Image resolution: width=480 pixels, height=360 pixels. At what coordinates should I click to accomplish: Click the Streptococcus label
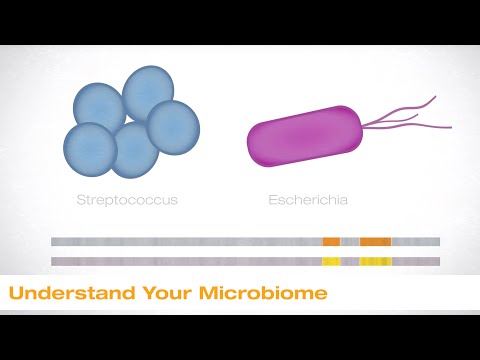coord(127,199)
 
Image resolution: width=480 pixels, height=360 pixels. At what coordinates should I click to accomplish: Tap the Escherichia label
coord(308,199)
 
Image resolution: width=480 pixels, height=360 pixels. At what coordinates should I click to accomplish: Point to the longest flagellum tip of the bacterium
coord(451,128)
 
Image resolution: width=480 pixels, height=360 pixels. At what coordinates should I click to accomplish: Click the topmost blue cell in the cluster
coord(148,92)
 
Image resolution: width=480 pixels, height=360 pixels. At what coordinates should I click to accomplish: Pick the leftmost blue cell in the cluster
coord(90,148)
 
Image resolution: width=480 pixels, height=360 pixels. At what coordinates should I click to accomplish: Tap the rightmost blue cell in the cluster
coord(173,127)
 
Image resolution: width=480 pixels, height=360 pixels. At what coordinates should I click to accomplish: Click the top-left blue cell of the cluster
coord(100,108)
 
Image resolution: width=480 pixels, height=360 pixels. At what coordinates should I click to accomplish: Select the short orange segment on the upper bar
coord(331,241)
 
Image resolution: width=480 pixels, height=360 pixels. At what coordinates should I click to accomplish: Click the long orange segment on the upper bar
coord(375,241)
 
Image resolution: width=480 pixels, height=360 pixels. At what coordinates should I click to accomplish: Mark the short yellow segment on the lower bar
coord(330,261)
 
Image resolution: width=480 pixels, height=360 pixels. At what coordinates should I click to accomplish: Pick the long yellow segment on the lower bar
coord(375,261)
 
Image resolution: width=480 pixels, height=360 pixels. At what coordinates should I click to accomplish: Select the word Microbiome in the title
coord(263,295)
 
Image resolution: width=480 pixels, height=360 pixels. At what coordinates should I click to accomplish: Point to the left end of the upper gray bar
coord(54,241)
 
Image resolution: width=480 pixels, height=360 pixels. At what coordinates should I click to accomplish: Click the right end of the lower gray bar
coord(437,261)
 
